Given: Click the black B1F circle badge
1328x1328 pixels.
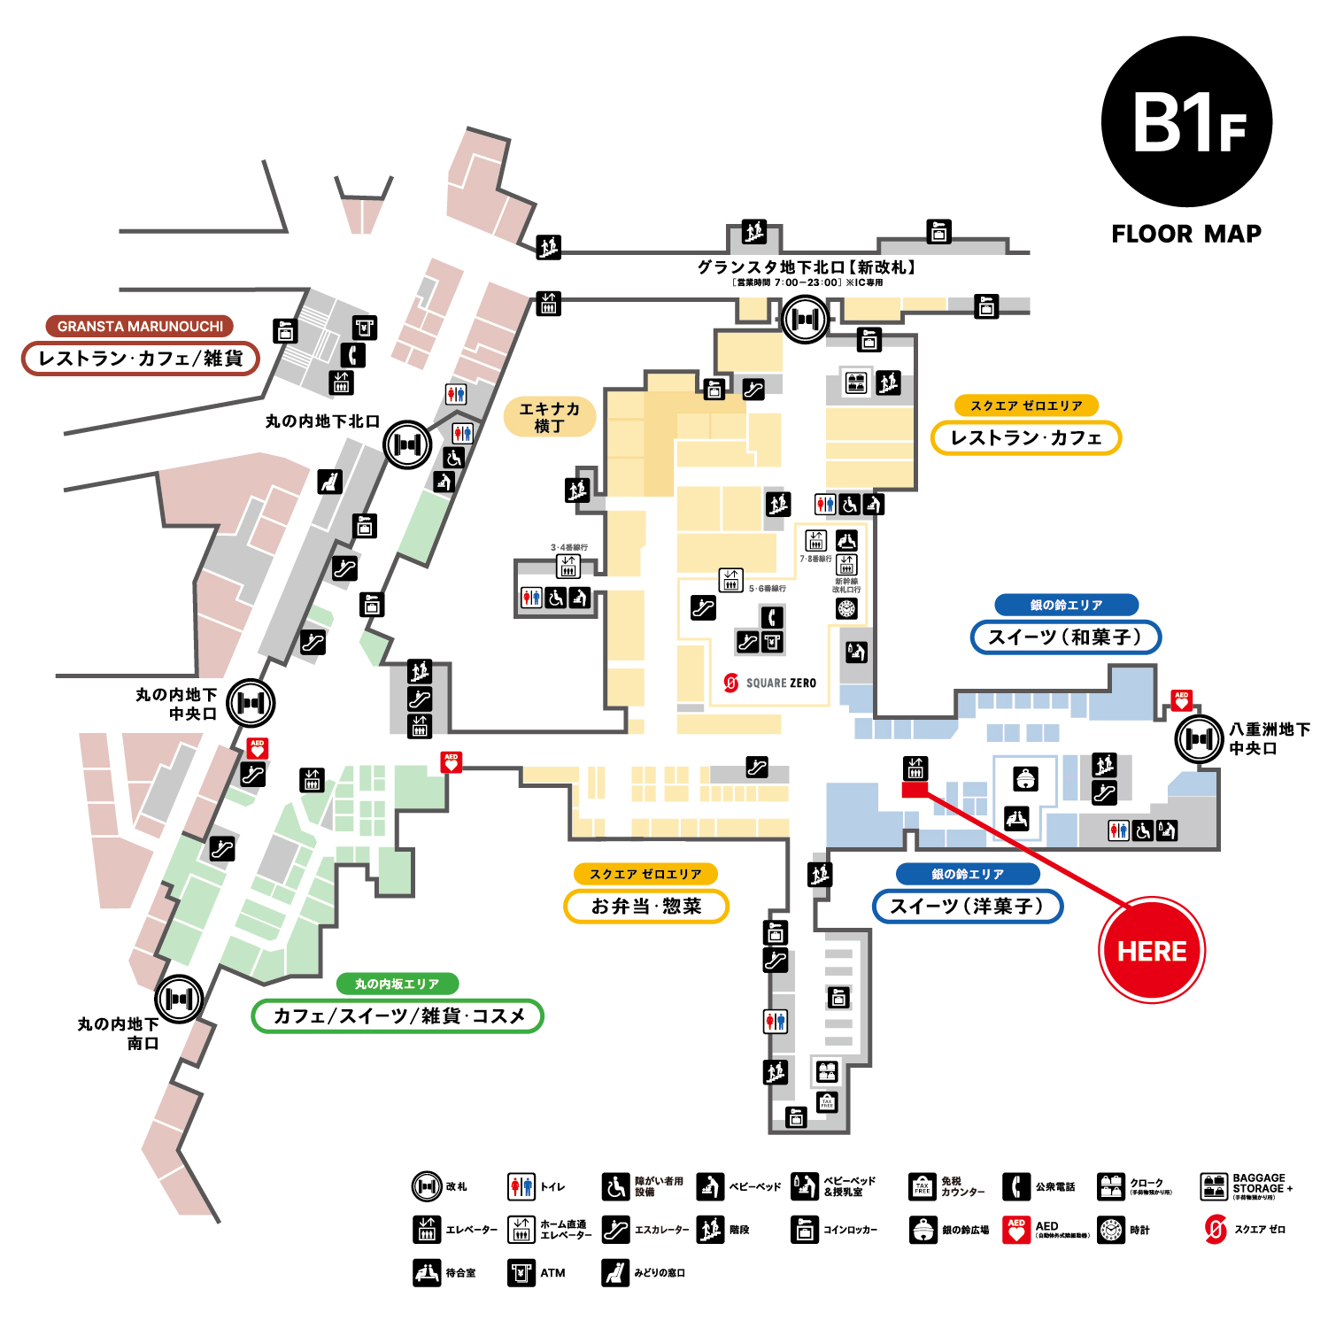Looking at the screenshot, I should [1186, 122].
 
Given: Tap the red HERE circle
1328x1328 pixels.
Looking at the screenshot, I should [1152, 950].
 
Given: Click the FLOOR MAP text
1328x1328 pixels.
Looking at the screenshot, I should [1186, 234].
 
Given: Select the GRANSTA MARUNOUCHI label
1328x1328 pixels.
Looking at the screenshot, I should [140, 326].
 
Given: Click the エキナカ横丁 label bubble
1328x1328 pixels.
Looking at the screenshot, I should [549, 417].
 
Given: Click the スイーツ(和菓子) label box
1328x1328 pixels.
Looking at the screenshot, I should [1065, 637].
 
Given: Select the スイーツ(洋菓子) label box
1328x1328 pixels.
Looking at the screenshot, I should [967, 907].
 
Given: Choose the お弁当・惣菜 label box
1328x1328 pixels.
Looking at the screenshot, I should [646, 907].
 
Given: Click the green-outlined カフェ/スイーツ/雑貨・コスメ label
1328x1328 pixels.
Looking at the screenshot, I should [398, 1015].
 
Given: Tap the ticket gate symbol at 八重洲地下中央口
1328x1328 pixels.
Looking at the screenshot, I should [1199, 738].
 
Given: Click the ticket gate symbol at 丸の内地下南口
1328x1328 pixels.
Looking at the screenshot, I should [179, 999].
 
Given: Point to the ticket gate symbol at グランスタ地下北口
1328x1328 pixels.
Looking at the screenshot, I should [805, 319].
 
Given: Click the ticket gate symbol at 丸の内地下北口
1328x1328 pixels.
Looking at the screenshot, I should [407, 444].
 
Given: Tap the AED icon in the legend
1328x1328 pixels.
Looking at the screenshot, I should [1016, 1230].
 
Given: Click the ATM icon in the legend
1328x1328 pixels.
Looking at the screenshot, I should [521, 1273].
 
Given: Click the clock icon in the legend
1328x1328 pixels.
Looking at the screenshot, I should [1111, 1230].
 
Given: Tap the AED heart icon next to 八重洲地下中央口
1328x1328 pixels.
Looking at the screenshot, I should [1181, 700].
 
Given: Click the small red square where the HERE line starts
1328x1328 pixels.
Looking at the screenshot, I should [915, 790].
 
